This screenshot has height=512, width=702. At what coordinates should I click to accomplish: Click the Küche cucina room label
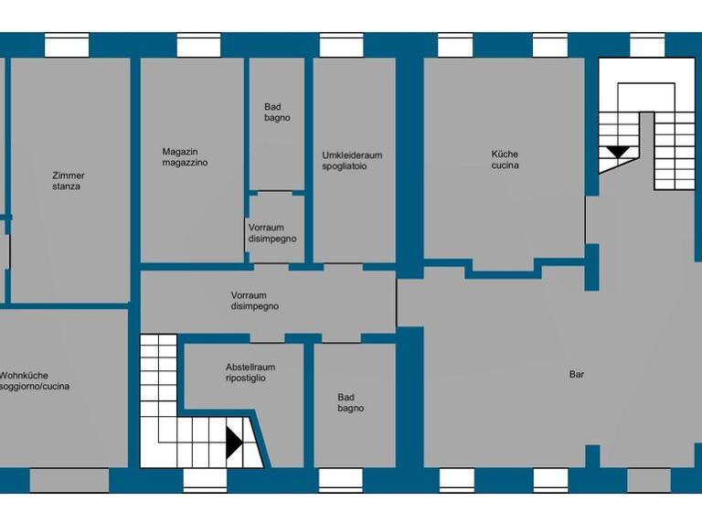point(505,160)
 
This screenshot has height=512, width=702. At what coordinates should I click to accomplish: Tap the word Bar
point(576,374)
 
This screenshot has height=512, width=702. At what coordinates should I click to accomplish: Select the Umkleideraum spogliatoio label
point(352,161)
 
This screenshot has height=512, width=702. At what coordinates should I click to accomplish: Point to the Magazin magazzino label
point(185,157)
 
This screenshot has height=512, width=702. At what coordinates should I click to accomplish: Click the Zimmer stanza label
point(68,180)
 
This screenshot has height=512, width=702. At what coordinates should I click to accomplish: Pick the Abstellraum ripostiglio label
point(250,372)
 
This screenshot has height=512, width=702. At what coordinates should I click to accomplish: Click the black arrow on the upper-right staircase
point(619,152)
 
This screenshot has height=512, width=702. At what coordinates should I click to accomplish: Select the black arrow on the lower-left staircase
point(234,443)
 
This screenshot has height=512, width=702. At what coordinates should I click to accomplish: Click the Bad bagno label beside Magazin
point(277,112)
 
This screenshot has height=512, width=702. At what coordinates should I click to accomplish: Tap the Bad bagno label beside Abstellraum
point(350,402)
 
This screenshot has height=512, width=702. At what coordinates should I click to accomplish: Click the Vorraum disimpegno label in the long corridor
point(254,301)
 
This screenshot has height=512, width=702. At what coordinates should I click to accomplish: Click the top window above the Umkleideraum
point(342,45)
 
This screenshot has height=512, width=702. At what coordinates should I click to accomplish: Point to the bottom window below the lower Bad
point(341,480)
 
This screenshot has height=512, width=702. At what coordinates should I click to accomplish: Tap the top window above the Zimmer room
point(67,45)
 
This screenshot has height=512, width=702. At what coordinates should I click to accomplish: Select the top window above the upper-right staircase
point(647,45)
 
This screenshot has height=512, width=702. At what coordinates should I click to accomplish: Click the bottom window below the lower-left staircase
point(205,480)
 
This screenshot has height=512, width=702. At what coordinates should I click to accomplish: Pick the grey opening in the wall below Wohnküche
point(56,480)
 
